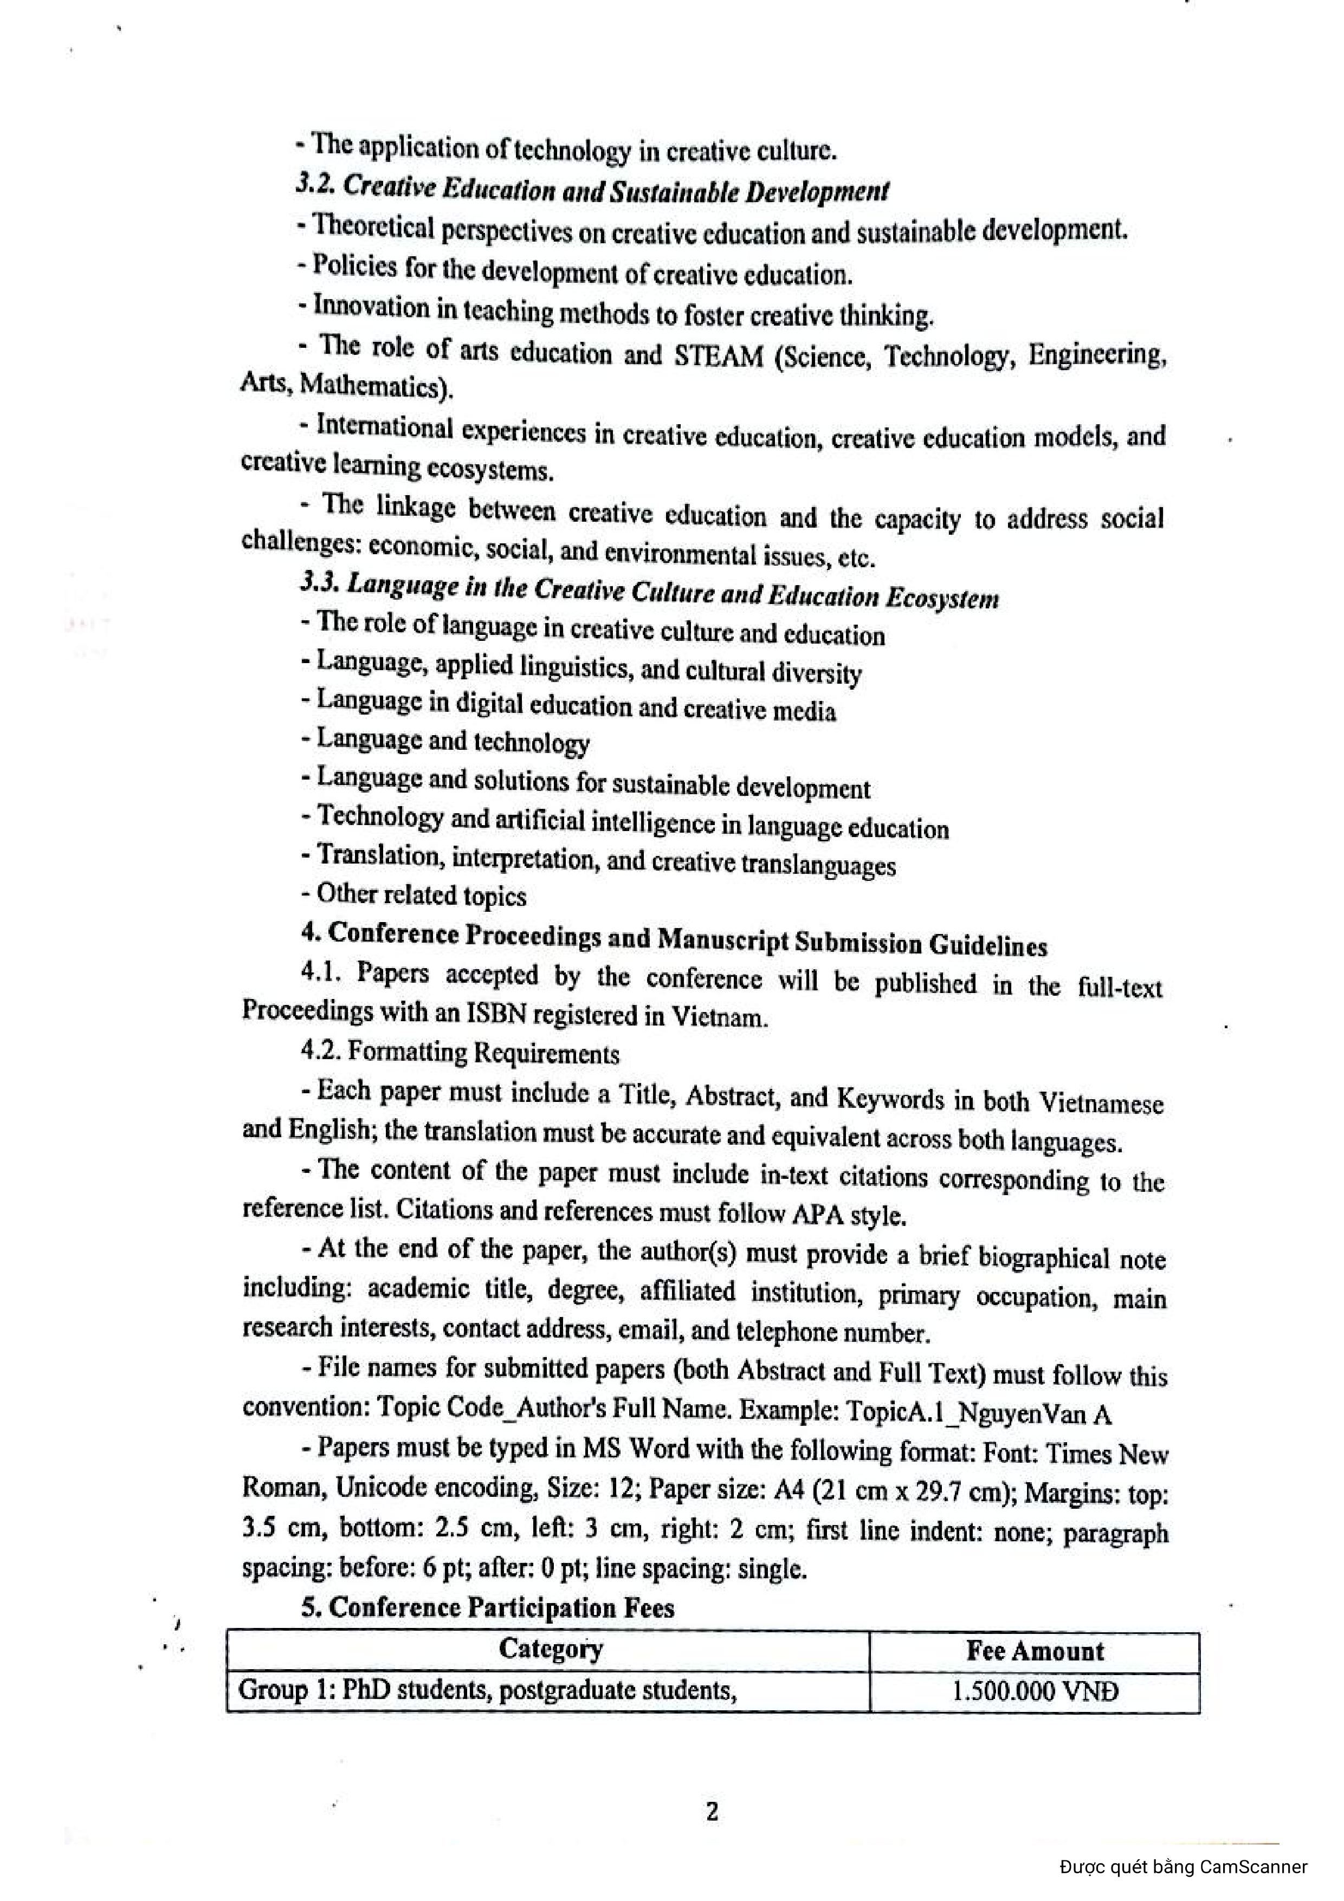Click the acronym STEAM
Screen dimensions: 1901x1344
point(719,355)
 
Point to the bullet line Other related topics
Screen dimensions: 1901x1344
point(414,895)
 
